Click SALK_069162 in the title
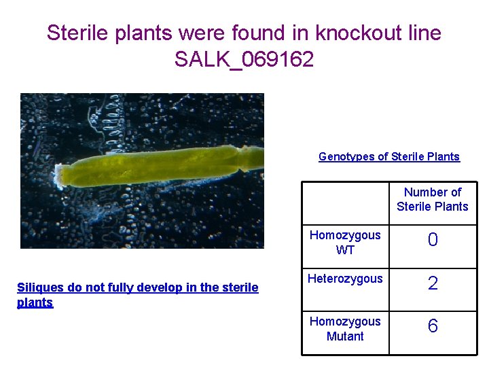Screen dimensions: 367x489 pyautogui.click(x=244, y=59)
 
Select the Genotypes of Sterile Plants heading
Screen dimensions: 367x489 pyautogui.click(x=389, y=156)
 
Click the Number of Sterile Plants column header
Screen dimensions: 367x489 pyautogui.click(x=433, y=199)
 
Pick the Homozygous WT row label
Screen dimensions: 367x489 pyautogui.click(x=345, y=242)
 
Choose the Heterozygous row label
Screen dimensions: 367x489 pyautogui.click(x=345, y=279)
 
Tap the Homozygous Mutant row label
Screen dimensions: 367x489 pyautogui.click(x=345, y=328)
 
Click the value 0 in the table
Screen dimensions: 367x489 pyautogui.click(x=433, y=241)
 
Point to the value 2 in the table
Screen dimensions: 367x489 pyautogui.click(x=433, y=283)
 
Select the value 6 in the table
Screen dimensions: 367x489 pyautogui.click(x=433, y=327)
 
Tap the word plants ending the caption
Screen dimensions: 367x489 pyautogui.click(x=35, y=302)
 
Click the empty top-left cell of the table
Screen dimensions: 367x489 pyautogui.click(x=345, y=203)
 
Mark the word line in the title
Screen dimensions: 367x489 pyautogui.click(x=422, y=33)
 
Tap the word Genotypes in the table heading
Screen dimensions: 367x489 pyautogui.click(x=346, y=156)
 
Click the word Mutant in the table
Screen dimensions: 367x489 pyautogui.click(x=345, y=336)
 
